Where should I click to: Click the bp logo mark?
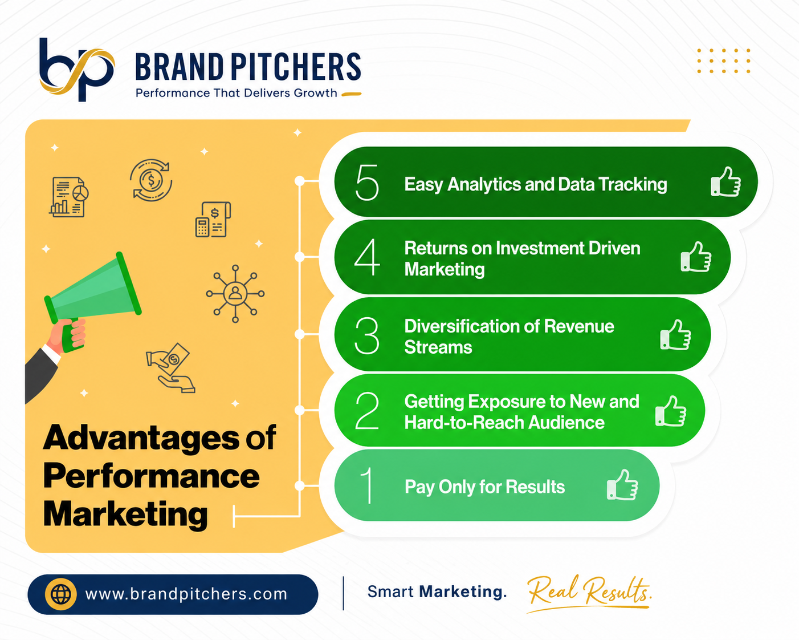pyautogui.click(x=76, y=70)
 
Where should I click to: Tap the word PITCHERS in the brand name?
pyautogui.click(x=296, y=67)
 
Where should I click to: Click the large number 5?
pyautogui.click(x=367, y=182)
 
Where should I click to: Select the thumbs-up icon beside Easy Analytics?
pyautogui.click(x=725, y=181)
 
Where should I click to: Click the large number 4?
pyautogui.click(x=367, y=257)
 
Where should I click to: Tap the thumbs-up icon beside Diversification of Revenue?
pyautogui.click(x=676, y=334)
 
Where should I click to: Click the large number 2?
pyautogui.click(x=367, y=411)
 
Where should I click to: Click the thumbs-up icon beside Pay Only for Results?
pyautogui.click(x=622, y=485)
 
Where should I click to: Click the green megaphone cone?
pyautogui.click(x=93, y=288)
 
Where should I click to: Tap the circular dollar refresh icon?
pyautogui.click(x=151, y=180)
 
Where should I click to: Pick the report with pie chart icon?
pyautogui.click(x=69, y=197)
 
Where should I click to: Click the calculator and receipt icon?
pyautogui.click(x=213, y=219)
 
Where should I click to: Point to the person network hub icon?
pyautogui.click(x=235, y=294)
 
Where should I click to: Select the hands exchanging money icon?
pyautogui.click(x=170, y=367)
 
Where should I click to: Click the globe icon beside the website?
pyautogui.click(x=61, y=594)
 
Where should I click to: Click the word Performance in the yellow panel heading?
pyautogui.click(x=152, y=477)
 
